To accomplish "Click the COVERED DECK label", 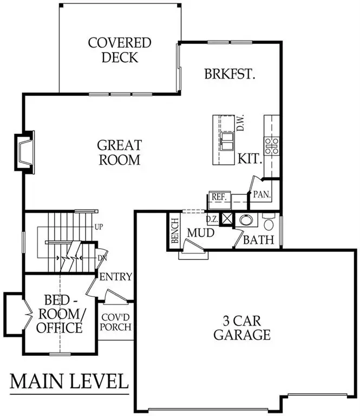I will point(120,50).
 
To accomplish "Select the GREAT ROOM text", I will point(120,153).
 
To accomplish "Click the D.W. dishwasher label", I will point(241,126).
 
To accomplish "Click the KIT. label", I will point(250,159).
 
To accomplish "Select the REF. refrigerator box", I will point(218,198).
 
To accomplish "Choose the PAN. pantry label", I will point(263,194).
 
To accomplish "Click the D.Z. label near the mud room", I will point(213,219).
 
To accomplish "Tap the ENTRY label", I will point(116,276).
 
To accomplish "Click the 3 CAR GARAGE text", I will point(241,327).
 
